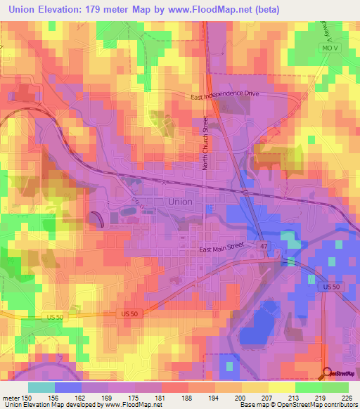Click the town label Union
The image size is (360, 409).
point(180,202)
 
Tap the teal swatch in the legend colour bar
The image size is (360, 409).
point(41,387)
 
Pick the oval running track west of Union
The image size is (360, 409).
point(97,219)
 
